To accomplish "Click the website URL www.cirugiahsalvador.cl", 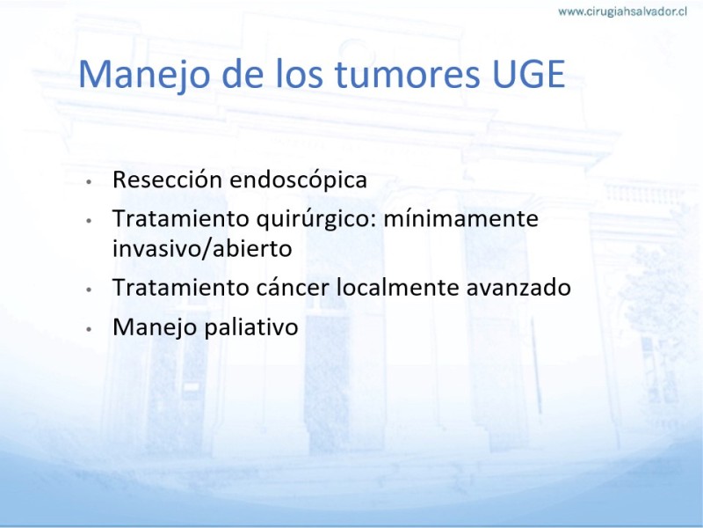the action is pyautogui.click(x=622, y=11).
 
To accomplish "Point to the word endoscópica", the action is pyautogui.click(x=298, y=181).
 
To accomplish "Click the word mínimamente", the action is pyautogui.click(x=460, y=218).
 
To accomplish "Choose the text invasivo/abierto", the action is pyautogui.click(x=202, y=248).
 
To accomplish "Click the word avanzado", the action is pyautogui.click(x=518, y=288).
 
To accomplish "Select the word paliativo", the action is pyautogui.click(x=251, y=327).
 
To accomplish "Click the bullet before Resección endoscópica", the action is pyautogui.click(x=89, y=182).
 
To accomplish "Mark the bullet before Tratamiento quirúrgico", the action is pyautogui.click(x=89, y=221).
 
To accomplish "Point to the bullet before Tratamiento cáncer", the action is pyautogui.click(x=89, y=290).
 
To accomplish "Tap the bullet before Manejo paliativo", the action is pyautogui.click(x=89, y=328).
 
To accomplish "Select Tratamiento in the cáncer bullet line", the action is pyautogui.click(x=181, y=288).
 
